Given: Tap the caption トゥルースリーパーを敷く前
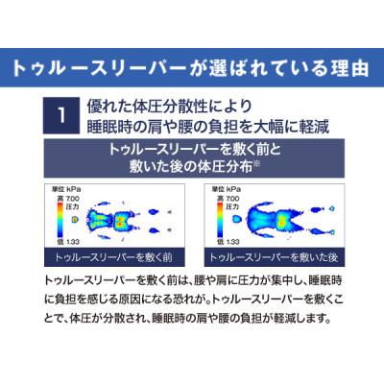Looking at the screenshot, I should coord(108,257).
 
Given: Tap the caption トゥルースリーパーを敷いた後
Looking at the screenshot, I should coord(277,257).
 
